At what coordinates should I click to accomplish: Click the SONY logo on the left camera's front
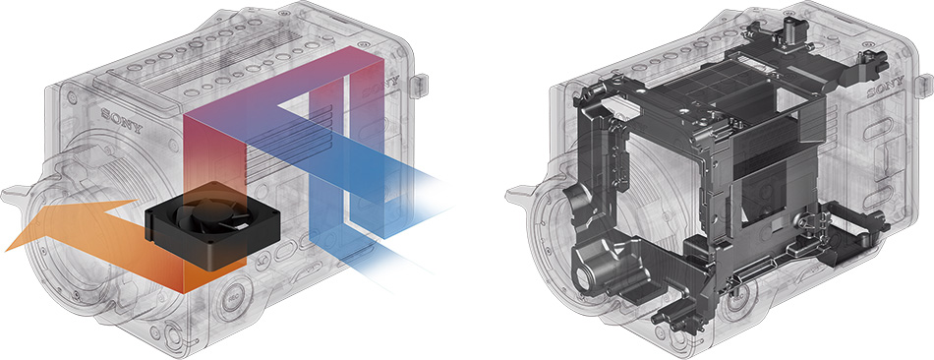tap(122, 119)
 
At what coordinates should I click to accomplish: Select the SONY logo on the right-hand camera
tap(886, 88)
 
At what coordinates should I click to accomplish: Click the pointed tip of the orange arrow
tap(6, 251)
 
